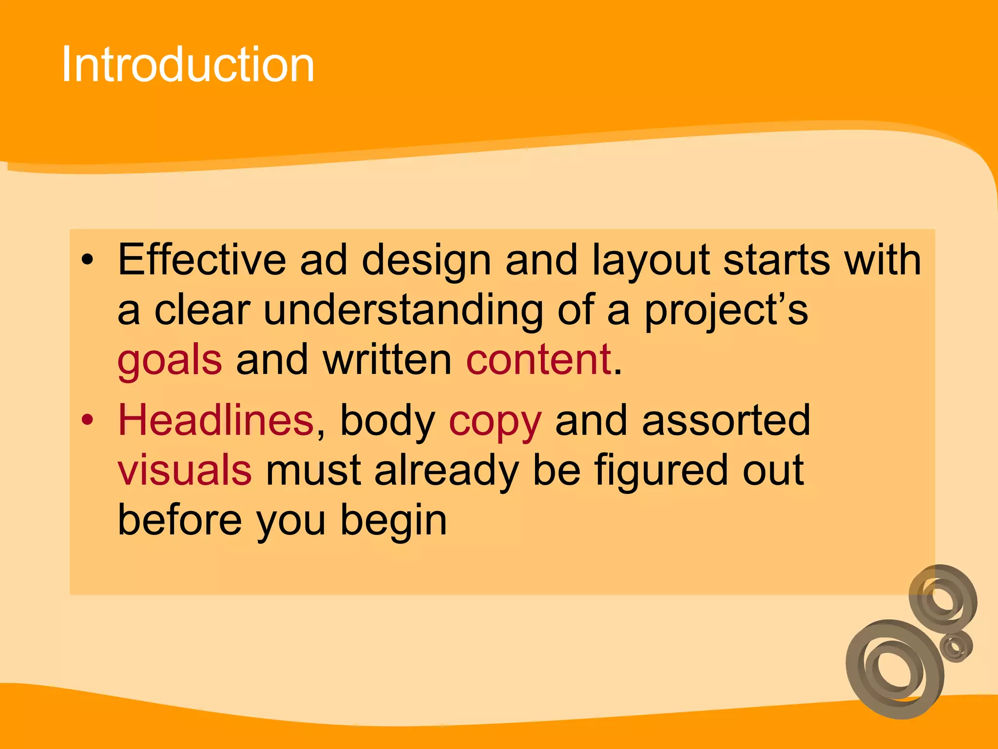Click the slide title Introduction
(x=188, y=64)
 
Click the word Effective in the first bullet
(x=202, y=259)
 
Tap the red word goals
(x=170, y=360)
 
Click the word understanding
(x=403, y=310)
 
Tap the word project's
(x=726, y=310)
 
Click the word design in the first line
(x=426, y=260)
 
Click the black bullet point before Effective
(x=87, y=260)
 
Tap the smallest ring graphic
(x=956, y=647)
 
